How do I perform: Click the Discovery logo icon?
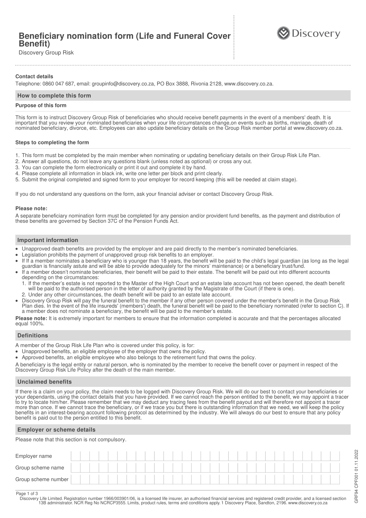coord(283,33)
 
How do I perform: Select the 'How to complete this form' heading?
coord(54,96)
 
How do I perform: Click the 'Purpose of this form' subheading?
coord(41,106)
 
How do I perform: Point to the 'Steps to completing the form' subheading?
coord(52,142)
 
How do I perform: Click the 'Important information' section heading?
coord(48,240)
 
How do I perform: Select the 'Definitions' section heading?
coord(33,336)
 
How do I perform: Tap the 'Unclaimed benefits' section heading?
coord(44,382)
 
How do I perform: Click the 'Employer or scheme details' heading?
coord(56,430)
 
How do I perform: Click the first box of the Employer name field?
coord(76,456)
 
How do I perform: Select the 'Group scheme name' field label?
coord(40,468)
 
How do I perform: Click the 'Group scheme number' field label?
coord(42,480)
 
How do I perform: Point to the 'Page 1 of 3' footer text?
coord(27,494)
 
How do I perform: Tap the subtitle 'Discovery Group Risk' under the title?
coord(46,53)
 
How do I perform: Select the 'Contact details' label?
coord(34,77)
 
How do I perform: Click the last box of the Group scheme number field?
coord(335,479)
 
